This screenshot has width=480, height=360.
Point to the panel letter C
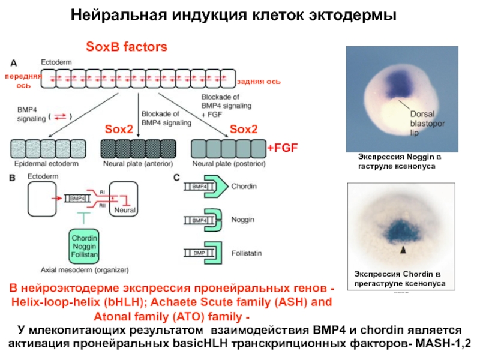[176, 177]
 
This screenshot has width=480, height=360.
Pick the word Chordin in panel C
[245, 187]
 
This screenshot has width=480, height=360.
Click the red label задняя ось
[259, 81]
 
